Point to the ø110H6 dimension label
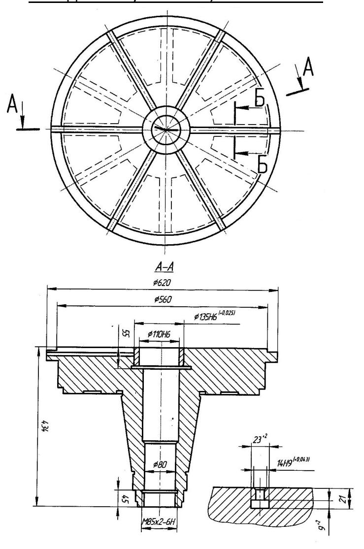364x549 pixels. [x=159, y=334]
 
